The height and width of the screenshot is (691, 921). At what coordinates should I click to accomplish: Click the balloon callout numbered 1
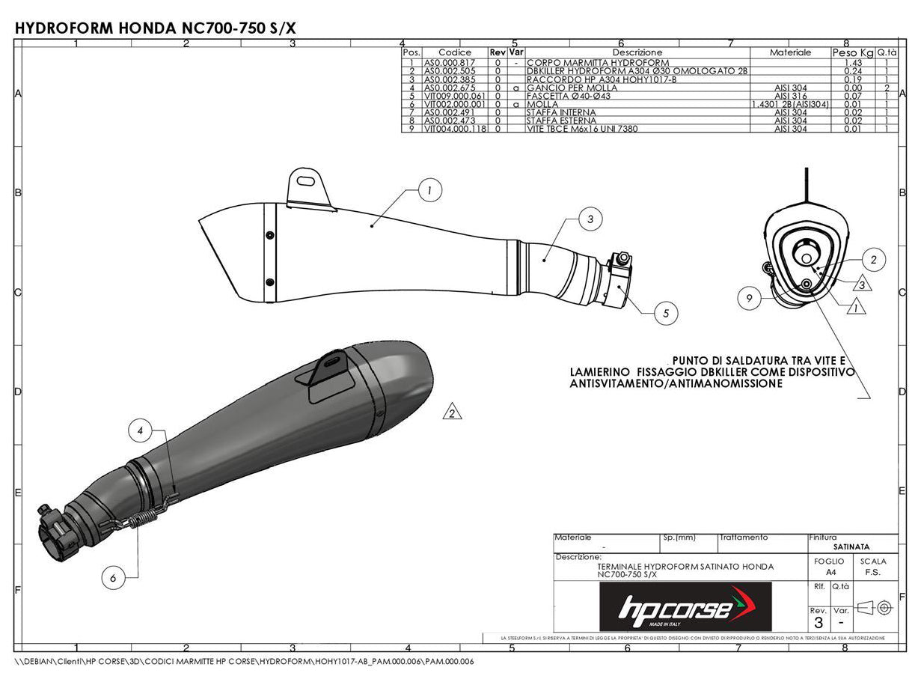tap(429, 191)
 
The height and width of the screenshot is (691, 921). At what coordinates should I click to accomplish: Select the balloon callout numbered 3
tap(590, 219)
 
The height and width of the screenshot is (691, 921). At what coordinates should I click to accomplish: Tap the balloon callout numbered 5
tap(666, 313)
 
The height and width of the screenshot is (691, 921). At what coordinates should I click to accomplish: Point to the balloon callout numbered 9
tap(749, 299)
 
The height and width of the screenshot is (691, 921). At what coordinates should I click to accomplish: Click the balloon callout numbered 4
tap(140, 430)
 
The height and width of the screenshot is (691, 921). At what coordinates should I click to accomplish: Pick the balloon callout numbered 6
tap(113, 578)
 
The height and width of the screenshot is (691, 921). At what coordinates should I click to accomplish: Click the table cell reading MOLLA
tap(542, 104)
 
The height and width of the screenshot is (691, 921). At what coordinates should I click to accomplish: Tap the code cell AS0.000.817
tap(449, 63)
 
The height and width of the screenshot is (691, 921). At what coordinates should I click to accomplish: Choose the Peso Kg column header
tap(852, 52)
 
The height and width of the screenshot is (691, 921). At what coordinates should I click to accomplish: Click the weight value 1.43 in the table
tap(852, 63)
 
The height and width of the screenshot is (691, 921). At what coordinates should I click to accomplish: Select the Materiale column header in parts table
tap(790, 52)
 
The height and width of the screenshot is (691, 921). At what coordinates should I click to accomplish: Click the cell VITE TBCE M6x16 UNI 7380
tap(576, 129)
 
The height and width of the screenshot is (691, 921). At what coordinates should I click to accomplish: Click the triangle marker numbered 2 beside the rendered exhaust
tap(452, 412)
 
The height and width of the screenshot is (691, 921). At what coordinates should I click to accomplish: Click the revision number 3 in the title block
tap(819, 623)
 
